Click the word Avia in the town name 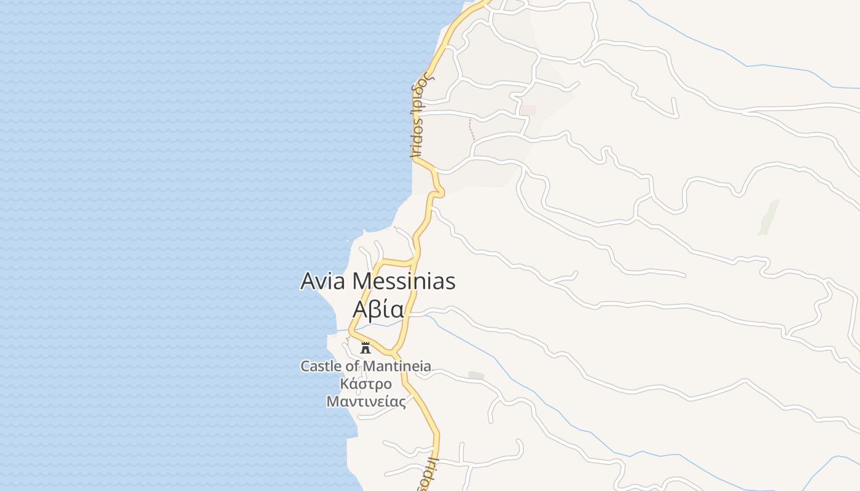click(324, 281)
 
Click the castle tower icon click(365, 348)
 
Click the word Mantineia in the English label click(397, 366)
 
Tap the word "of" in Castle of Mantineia click(353, 366)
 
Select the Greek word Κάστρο click(366, 384)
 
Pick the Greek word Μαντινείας click(366, 402)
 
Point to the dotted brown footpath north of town click(472, 130)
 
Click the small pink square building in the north click(529, 110)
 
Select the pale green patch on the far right click(768, 217)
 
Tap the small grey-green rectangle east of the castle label click(476, 375)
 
